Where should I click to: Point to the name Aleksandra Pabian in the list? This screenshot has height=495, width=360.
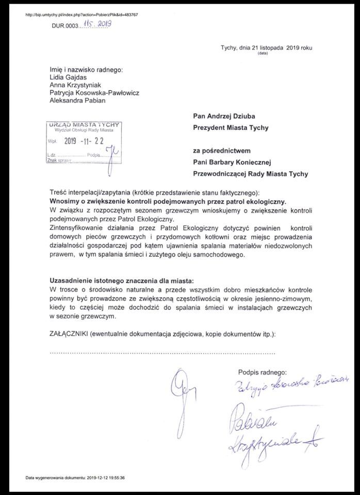pyautogui.click(x=77, y=101)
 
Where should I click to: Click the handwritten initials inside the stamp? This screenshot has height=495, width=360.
pyautogui.click(x=109, y=153)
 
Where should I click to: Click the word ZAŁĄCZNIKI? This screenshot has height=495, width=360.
pyautogui.click(x=68, y=334)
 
